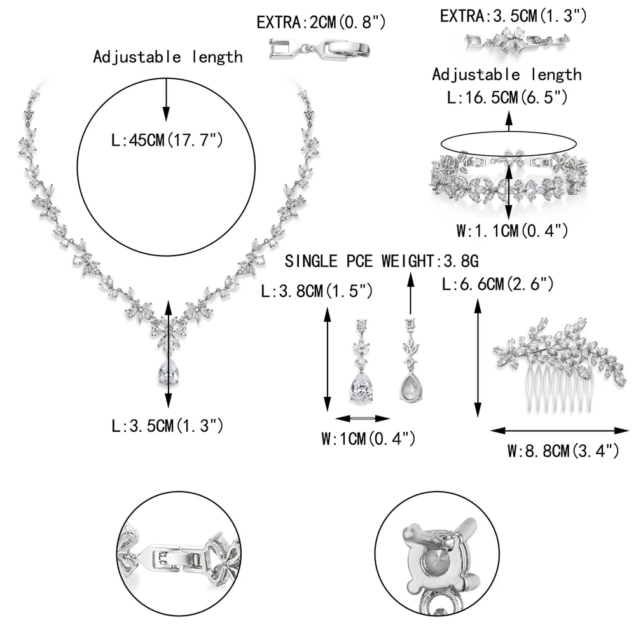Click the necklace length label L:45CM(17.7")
coord(167,141)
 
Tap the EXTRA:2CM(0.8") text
coord(321,22)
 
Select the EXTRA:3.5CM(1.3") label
coord(513,16)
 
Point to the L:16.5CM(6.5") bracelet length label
coord(507,97)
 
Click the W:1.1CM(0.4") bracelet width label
coord(512,230)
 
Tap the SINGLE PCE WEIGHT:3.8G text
coord(382,261)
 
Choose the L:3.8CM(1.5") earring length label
coord(317,291)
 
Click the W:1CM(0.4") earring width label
coord(368,438)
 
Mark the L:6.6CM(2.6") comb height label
coord(498,284)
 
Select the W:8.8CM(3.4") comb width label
coord(563,451)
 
